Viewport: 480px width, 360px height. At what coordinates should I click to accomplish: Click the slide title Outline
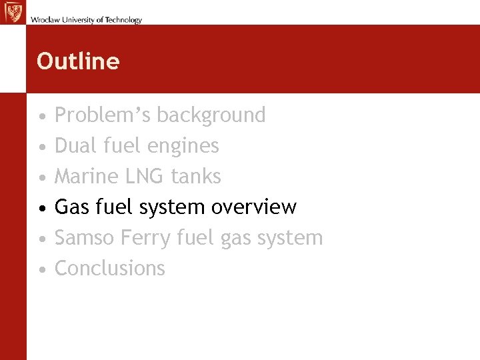pos(78,61)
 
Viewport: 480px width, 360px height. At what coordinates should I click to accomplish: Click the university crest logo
pos(13,12)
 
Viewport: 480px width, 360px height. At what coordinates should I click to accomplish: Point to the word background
pos(211,115)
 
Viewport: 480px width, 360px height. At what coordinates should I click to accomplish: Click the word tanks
pos(195,176)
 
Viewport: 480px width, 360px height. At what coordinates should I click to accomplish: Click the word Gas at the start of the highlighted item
pos(71,207)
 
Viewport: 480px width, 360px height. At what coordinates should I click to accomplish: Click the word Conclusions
pos(109,268)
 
